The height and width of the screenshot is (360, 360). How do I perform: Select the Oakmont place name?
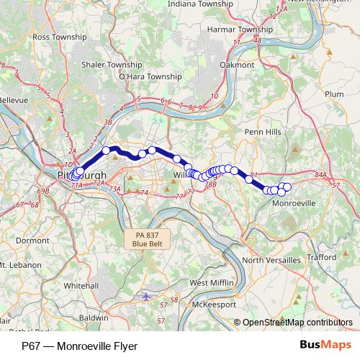(238, 64)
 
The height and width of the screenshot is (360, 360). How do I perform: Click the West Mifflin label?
(210, 283)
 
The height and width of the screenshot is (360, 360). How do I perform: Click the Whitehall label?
(81, 285)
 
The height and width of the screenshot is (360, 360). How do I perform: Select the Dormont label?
(32, 240)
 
